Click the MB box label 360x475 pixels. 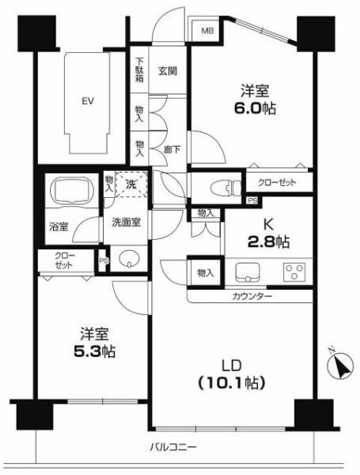pyautogui.click(x=207, y=31)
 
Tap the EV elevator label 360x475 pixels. pyautogui.click(x=86, y=101)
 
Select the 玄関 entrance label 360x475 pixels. pyautogui.click(x=167, y=70)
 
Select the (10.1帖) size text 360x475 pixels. pyautogui.click(x=232, y=382)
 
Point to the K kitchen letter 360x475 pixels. pyautogui.click(x=269, y=223)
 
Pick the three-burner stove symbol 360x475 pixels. pyautogui.click(x=295, y=273)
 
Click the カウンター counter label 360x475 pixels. pyautogui.click(x=252, y=296)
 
